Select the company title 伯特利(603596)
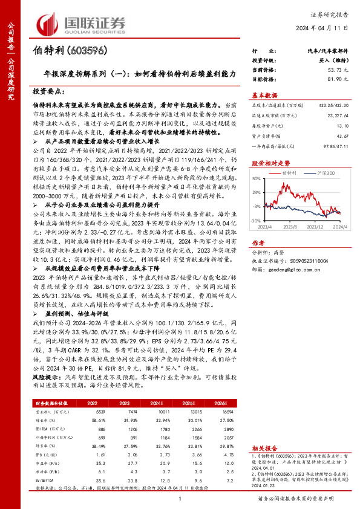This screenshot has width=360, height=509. click(x=63, y=53)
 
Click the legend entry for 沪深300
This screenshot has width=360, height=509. click(x=326, y=172)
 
